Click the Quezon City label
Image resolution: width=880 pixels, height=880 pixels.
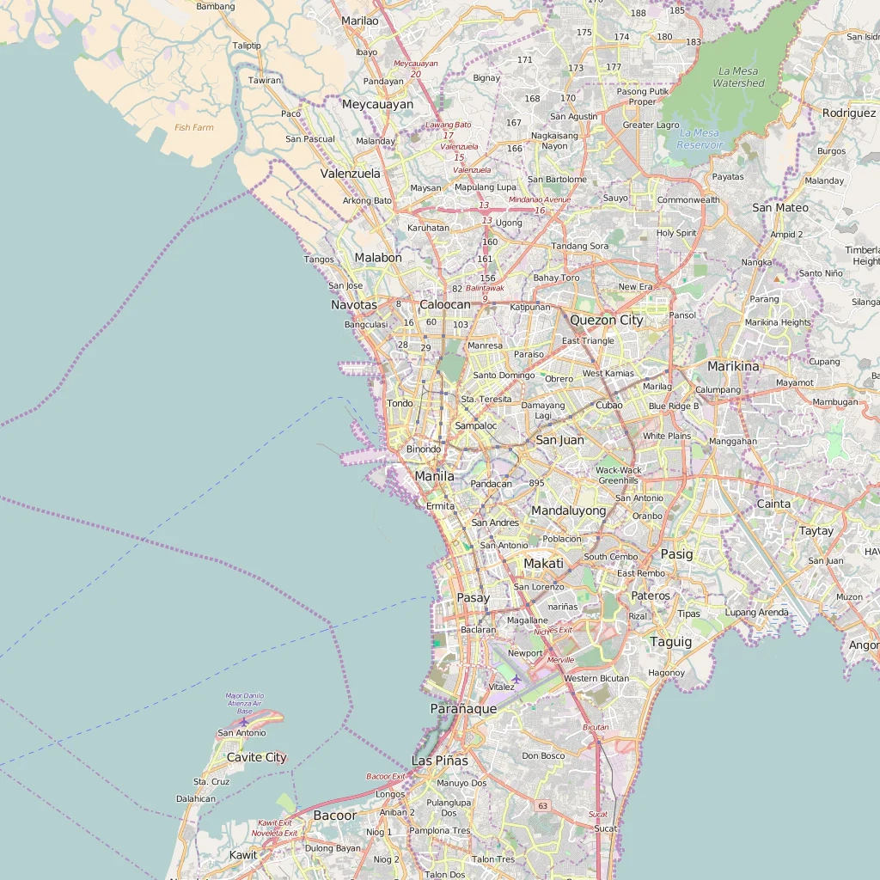click(606, 320)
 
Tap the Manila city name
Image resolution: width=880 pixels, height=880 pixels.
click(434, 476)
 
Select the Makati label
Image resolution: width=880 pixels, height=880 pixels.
click(543, 564)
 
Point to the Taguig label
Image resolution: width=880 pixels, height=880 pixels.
click(670, 642)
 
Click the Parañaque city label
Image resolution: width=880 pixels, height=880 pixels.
click(463, 709)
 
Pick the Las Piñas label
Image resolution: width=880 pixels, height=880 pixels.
click(440, 761)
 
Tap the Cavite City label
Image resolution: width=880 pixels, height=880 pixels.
click(256, 757)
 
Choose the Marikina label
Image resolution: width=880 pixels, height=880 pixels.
click(733, 366)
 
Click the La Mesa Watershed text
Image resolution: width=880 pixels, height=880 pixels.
click(738, 77)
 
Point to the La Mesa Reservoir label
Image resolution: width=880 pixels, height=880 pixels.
click(700, 138)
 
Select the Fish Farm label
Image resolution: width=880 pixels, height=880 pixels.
click(193, 127)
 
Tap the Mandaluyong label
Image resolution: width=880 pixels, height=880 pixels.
click(568, 510)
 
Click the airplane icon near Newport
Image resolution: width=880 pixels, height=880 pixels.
click(516, 679)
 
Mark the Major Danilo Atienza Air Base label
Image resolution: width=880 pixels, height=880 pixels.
click(245, 703)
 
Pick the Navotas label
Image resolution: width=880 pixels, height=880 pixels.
click(354, 305)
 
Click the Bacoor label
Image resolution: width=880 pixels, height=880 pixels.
click(334, 815)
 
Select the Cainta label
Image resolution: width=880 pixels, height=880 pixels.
click(773, 504)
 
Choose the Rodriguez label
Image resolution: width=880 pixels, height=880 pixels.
click(848, 113)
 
